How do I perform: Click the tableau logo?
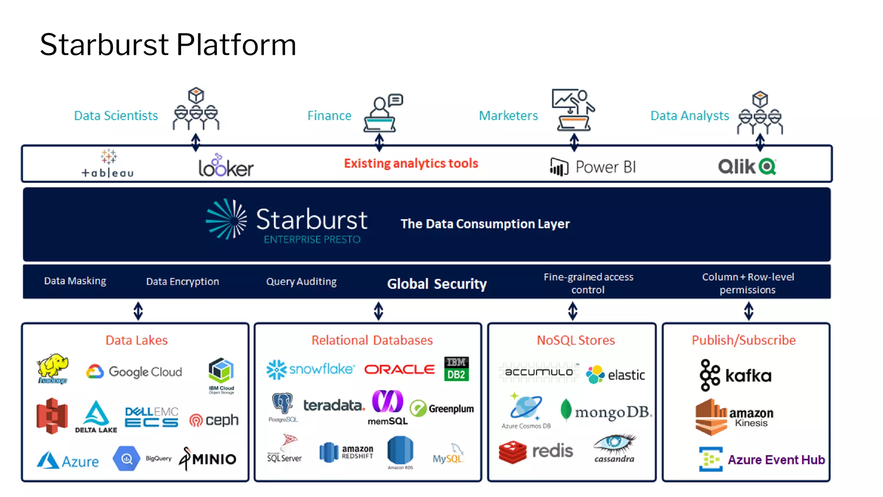[x=108, y=164]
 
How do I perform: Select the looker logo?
[x=226, y=166]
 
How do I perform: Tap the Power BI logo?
[x=593, y=167]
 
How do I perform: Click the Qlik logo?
[x=747, y=167]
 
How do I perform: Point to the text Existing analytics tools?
[x=411, y=164]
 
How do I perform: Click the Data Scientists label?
[x=116, y=116]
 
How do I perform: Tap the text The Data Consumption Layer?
[x=485, y=224]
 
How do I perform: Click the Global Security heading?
[x=437, y=284]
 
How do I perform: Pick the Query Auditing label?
[x=301, y=282]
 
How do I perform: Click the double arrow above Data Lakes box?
[x=138, y=311]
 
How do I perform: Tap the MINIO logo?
[x=208, y=459]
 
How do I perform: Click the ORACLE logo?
[x=399, y=369]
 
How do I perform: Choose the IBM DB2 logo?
[x=456, y=369]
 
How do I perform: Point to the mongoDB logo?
[x=606, y=412]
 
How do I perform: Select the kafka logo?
[x=736, y=375]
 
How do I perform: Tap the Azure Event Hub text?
[x=776, y=460]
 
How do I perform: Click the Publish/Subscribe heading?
[x=743, y=340]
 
